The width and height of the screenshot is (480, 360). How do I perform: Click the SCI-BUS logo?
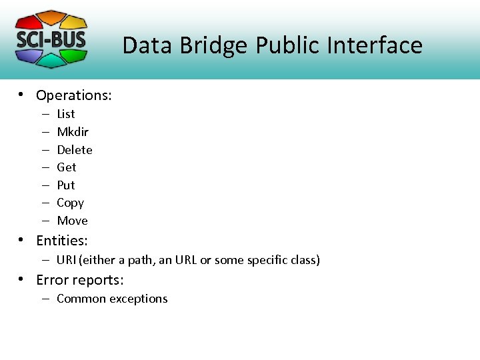[x=51, y=39]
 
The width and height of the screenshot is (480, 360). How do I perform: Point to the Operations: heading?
[x=73, y=95]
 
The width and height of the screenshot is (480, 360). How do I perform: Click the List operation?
[x=66, y=114]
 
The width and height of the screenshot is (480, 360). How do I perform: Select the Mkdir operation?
[x=73, y=132]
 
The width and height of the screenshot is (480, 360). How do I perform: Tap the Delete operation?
[x=75, y=150]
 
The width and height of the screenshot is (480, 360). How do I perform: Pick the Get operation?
[x=67, y=167]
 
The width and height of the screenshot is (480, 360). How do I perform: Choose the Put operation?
[x=66, y=185]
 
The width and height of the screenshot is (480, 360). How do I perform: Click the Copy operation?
[x=71, y=203]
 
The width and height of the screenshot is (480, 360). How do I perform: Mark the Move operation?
[x=72, y=221]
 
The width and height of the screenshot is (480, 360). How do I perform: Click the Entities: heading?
[x=61, y=241]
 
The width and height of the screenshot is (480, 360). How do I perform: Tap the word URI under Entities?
[x=66, y=260]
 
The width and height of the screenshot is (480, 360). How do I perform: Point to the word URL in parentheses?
[x=186, y=260]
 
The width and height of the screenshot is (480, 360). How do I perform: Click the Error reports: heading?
[x=79, y=279]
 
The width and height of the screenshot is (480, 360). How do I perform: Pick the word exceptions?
[x=139, y=299]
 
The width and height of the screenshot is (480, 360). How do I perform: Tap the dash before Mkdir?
[x=45, y=132]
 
